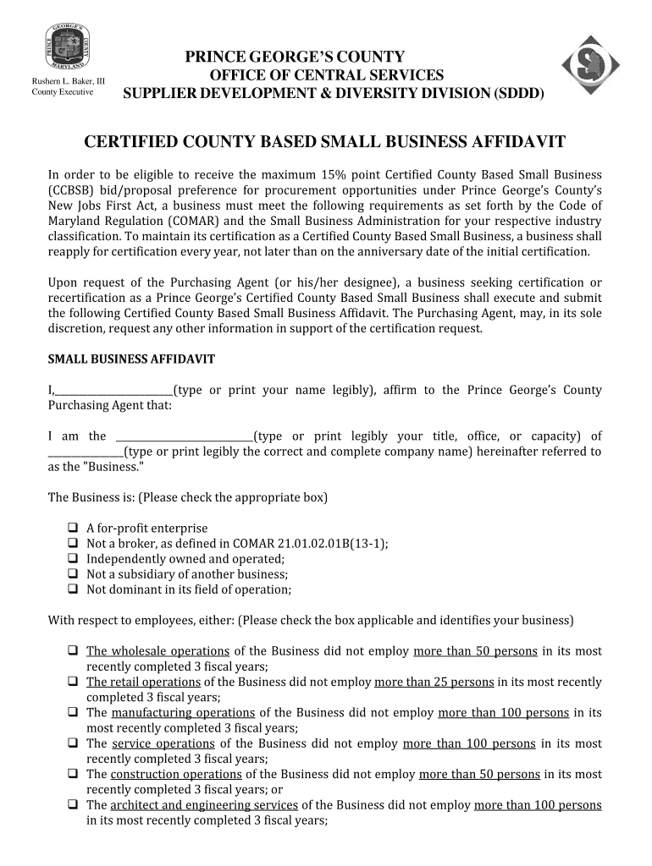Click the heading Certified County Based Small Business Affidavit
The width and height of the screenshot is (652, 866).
pos(324,141)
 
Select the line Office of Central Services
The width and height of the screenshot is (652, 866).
pos(326,75)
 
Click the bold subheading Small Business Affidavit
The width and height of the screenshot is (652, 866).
pos(131,359)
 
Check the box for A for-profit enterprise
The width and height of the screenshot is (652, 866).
pos(72,529)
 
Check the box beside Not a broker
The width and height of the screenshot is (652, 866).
pos(72,544)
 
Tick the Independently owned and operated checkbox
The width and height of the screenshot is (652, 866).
pos(72,559)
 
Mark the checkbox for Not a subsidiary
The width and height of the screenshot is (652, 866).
pos(72,574)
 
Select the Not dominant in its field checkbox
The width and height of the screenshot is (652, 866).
pos(72,589)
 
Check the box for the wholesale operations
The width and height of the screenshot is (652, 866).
pos(72,651)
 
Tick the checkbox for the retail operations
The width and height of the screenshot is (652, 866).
pos(72,682)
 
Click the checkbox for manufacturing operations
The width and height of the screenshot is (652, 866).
pos(72,713)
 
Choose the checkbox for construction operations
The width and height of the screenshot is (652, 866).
pos(72,774)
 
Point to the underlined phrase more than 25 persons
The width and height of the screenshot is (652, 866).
pos(434,682)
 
